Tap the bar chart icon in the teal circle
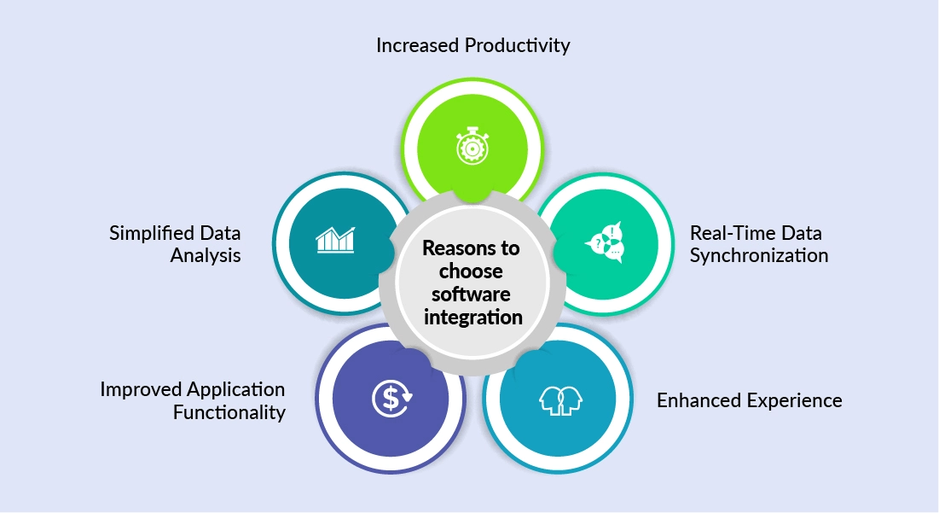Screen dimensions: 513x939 (335, 239)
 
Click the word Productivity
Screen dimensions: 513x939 (517, 45)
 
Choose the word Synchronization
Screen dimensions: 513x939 (758, 254)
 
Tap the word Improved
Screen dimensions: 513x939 (140, 389)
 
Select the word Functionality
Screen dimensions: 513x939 (229, 413)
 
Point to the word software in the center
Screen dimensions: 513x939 (471, 294)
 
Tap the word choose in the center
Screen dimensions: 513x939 (471, 272)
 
